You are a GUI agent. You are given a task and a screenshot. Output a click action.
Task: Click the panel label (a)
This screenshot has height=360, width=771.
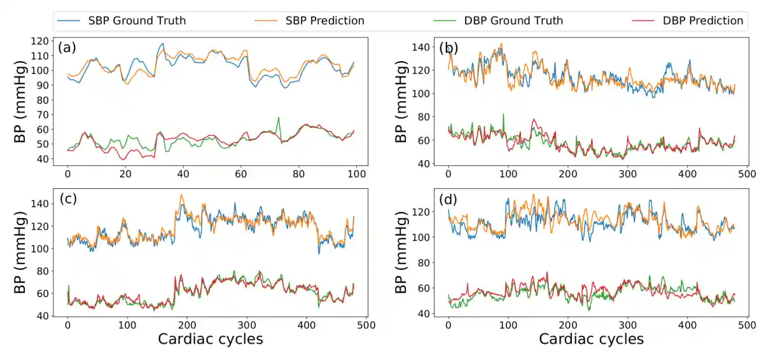click(68, 48)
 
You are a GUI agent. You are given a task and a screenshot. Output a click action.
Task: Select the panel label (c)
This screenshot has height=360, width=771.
click(68, 198)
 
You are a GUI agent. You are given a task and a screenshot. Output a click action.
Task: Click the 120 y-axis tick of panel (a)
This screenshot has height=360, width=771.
click(41, 41)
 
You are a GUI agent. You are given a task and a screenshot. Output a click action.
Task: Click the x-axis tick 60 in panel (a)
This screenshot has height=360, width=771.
click(240, 174)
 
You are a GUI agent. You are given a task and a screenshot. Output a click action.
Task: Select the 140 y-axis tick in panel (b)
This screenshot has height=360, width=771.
click(422, 47)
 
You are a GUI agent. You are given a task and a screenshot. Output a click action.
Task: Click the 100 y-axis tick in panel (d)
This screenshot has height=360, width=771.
click(422, 237)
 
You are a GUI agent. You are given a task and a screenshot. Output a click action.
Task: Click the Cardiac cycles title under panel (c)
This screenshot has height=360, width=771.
click(210, 339)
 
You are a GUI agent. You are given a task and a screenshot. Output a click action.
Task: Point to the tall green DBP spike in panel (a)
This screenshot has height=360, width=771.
click(278, 118)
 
